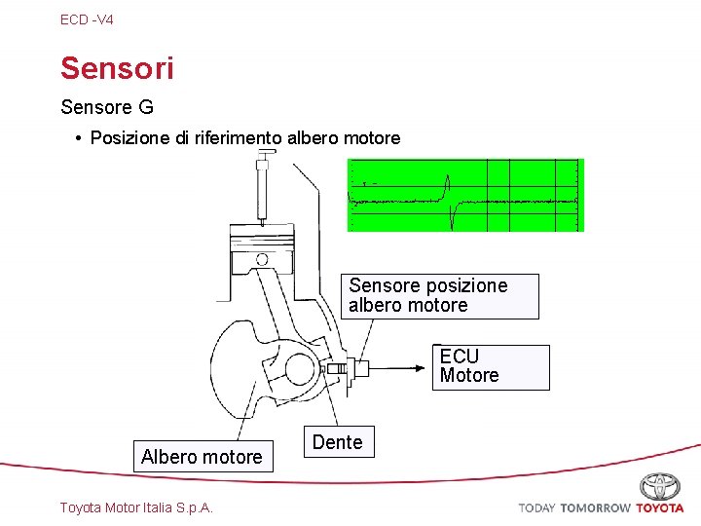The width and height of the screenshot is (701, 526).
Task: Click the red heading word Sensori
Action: tap(117, 68)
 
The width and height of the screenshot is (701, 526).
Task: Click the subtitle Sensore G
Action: tap(107, 106)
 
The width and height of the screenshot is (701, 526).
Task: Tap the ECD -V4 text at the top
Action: tap(87, 19)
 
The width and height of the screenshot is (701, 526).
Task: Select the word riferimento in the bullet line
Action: tap(238, 138)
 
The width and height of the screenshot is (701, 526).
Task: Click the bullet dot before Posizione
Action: tap(78, 138)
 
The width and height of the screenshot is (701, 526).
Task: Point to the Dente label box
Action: tap(337, 442)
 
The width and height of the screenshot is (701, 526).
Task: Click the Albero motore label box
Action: tap(203, 457)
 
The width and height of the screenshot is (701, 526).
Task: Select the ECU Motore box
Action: tap(491, 366)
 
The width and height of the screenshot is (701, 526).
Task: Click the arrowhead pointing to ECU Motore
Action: tap(425, 368)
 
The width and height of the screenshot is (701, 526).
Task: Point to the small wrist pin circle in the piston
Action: tap(261, 259)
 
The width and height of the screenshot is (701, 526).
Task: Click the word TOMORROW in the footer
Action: tap(595, 508)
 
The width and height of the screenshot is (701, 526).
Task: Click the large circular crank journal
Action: tap(301, 369)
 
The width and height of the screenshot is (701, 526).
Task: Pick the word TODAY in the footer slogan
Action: tap(536, 508)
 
